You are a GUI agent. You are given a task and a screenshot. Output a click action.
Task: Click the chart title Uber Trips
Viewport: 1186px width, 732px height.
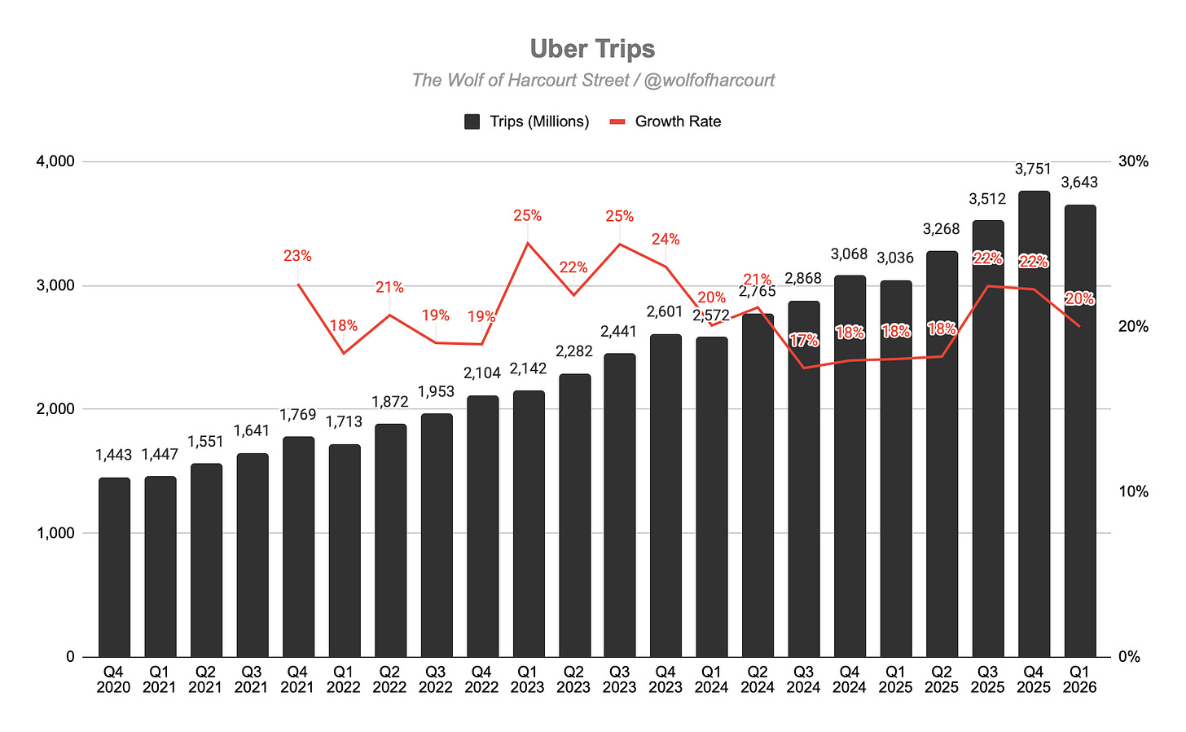coord(592,49)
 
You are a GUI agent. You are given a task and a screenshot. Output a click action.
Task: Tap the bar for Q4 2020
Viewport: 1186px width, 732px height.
coord(114,567)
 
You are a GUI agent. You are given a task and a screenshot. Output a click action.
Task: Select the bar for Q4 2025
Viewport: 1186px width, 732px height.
coord(1034,424)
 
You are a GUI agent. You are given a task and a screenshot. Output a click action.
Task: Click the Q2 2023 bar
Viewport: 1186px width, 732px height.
coord(574,515)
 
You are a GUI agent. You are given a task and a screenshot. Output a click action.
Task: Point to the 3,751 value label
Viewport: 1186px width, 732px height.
coord(1033,169)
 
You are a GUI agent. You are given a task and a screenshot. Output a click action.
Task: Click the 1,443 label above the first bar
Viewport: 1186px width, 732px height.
coord(113,455)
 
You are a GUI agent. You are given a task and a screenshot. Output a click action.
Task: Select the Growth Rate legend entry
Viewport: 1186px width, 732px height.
coord(665,121)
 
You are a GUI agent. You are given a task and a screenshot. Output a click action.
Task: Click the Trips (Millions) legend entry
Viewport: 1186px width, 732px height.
coord(527,121)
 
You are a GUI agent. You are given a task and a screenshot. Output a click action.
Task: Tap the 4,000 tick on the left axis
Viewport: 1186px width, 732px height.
coord(55,161)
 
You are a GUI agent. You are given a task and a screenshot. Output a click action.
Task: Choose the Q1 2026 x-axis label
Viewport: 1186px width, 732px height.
coord(1079,680)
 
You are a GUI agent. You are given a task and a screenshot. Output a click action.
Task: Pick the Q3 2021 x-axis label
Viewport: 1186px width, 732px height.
coord(252,680)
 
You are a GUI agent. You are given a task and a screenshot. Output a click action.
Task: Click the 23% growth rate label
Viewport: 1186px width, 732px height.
coord(297,256)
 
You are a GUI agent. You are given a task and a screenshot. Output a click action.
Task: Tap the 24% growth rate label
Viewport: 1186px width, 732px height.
coord(665,239)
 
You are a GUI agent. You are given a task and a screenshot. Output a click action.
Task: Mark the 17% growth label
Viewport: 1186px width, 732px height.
coord(804,340)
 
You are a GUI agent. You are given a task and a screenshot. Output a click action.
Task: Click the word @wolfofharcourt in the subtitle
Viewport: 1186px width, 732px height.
coord(709,80)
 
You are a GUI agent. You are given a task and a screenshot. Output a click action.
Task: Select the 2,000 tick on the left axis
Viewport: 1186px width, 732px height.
coord(55,409)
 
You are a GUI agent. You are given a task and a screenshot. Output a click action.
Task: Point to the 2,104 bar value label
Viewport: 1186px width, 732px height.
coord(482,373)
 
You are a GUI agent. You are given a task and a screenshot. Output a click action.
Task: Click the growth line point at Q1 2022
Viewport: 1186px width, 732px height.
coord(344,353)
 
